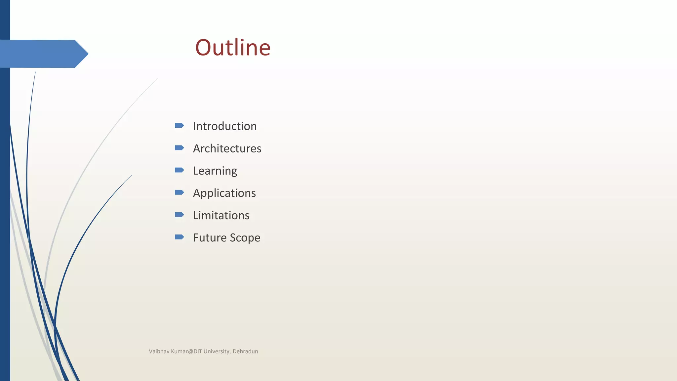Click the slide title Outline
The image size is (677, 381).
coord(233,48)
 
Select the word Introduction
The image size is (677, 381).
coord(225,126)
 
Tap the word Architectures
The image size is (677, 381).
coord(227,148)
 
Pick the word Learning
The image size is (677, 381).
coord(215,171)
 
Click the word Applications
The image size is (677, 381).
coord(224,193)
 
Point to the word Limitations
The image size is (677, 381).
coord(221,216)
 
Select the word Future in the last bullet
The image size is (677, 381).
coord(210,238)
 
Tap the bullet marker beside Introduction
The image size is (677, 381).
coord(179,125)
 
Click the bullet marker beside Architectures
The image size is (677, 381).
coord(179,148)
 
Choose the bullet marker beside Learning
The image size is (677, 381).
coord(179,170)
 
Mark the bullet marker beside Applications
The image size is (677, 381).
coord(179,192)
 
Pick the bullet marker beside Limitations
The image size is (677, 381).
coord(179,215)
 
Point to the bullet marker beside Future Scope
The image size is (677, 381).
coord(179,237)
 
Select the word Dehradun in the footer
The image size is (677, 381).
coord(245,352)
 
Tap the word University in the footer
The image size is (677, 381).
coord(217,352)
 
